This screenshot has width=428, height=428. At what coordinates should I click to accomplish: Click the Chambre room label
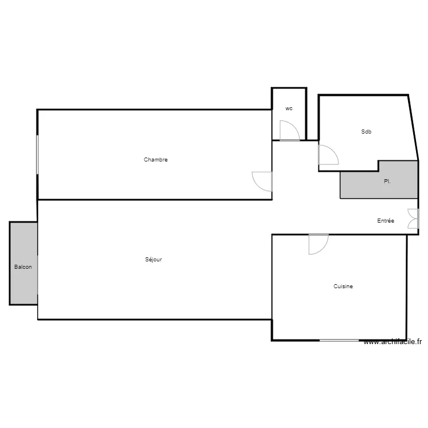point(155,160)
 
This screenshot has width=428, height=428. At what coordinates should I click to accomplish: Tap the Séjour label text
point(154,260)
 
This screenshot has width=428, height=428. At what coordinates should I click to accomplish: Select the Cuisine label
point(343,286)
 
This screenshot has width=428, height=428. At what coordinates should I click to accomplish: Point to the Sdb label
point(366,132)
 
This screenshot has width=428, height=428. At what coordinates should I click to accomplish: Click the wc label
point(289,108)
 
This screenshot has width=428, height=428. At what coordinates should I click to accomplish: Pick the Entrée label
point(385,221)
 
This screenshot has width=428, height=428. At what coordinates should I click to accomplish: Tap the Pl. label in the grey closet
point(387,181)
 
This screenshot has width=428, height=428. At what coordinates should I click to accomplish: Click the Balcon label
point(23,267)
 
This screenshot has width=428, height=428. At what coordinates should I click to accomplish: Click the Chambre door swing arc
point(263,181)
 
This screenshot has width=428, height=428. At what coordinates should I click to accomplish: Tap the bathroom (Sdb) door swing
point(328,155)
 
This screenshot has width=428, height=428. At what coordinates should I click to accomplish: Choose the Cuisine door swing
point(318,244)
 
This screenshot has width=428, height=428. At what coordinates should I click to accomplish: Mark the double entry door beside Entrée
point(413,219)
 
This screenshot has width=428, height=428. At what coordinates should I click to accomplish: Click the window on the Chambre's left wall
point(38,154)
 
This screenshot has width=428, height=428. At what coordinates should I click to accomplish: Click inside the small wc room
point(289,117)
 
